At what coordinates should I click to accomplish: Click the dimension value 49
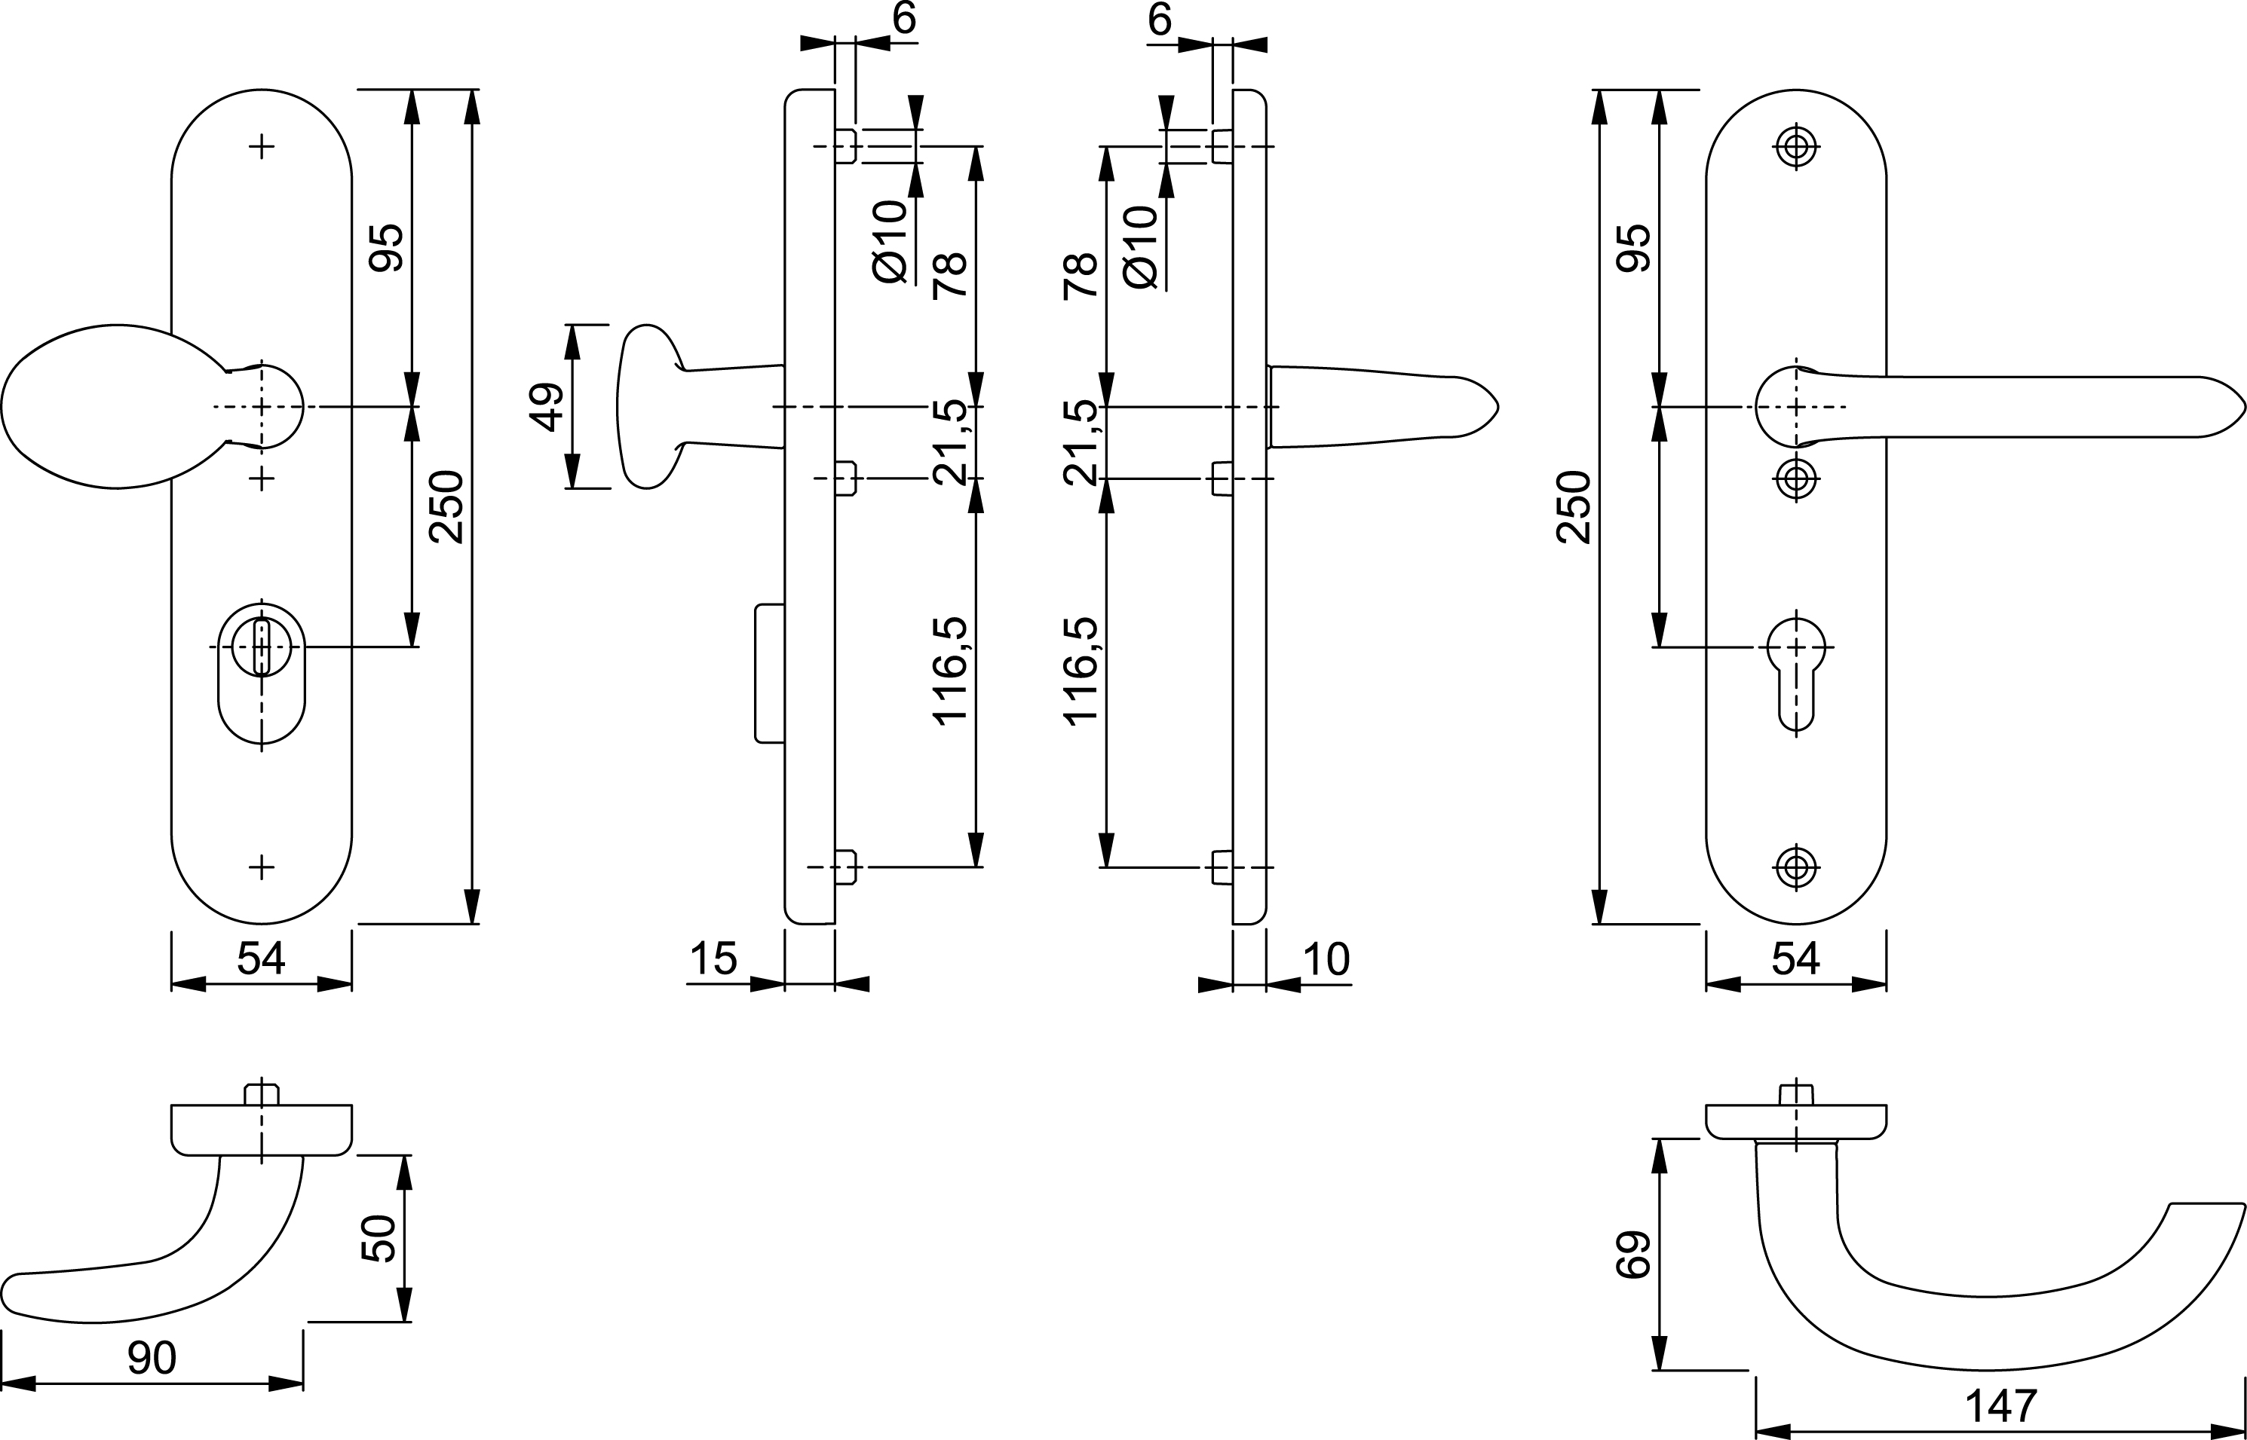point(550,407)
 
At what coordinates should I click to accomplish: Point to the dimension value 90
point(152,1358)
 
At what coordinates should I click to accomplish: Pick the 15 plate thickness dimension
point(714,958)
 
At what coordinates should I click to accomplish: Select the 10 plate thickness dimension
point(1326,958)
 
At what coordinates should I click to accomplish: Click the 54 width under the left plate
point(261,958)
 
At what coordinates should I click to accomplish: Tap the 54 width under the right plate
point(1795,958)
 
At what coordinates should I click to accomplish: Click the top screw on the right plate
point(1795,147)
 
